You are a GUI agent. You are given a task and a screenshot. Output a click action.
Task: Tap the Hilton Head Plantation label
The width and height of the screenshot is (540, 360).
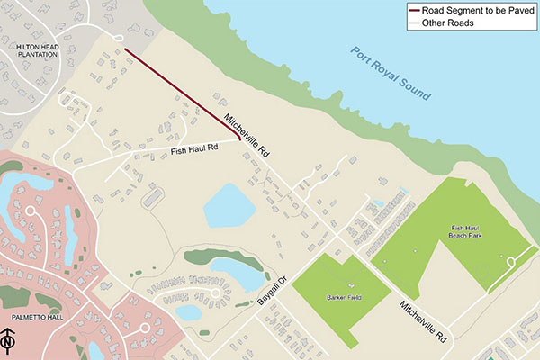click(31, 52)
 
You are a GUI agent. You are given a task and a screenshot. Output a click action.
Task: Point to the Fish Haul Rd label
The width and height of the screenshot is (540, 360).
click(195, 153)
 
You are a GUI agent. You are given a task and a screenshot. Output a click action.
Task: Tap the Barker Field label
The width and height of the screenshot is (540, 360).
click(339, 296)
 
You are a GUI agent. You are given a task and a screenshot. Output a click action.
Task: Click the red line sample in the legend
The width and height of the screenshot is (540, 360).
click(417, 11)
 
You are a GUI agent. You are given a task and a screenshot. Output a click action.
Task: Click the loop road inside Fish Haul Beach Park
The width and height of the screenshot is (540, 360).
click(510, 263)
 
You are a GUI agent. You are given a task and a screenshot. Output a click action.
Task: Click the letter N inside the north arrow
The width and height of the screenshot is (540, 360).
click(9, 343)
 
